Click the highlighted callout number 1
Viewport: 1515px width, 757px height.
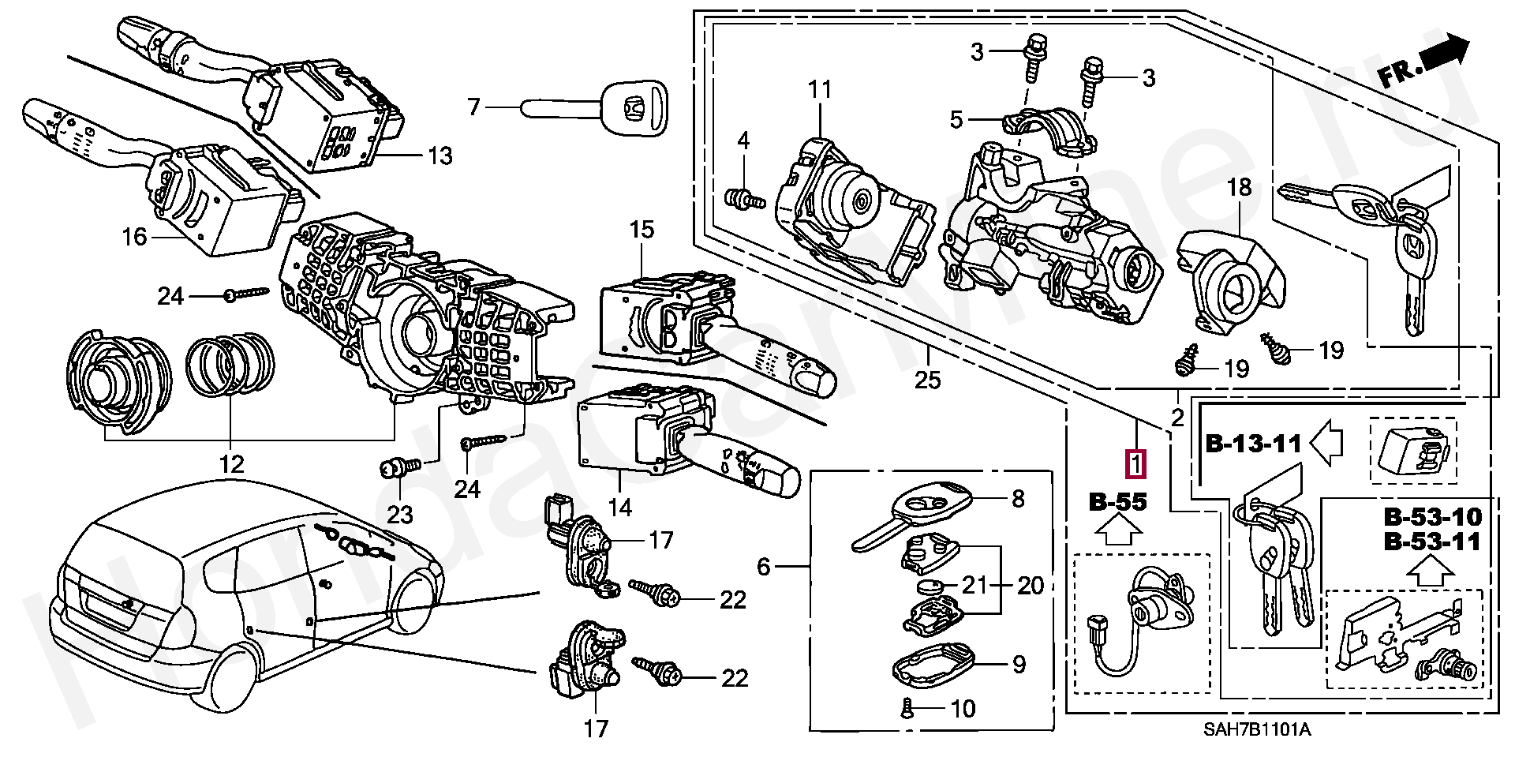[x=1135, y=463]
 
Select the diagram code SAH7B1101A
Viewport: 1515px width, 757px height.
[x=1256, y=729]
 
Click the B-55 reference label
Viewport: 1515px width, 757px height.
[x=1117, y=501]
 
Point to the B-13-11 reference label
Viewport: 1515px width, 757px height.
[x=1253, y=444]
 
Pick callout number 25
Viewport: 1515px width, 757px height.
[x=928, y=380]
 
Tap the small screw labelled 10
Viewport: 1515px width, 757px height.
[x=907, y=708]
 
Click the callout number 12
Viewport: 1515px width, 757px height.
[x=231, y=464]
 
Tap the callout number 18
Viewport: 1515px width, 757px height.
[x=1239, y=187]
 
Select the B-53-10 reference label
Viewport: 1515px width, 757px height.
[x=1433, y=517]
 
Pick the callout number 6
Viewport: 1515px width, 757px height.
[x=763, y=566]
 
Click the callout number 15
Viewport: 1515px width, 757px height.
[x=642, y=230]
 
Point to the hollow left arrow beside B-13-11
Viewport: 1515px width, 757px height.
[x=1326, y=443]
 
